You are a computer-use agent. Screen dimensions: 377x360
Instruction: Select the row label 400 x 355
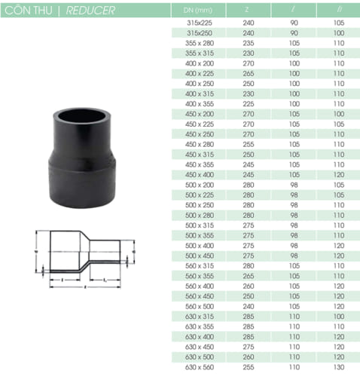tap(199, 103)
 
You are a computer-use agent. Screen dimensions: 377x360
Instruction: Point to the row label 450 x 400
tap(199, 173)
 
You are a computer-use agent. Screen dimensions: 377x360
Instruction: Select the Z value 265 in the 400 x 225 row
tap(248, 74)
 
